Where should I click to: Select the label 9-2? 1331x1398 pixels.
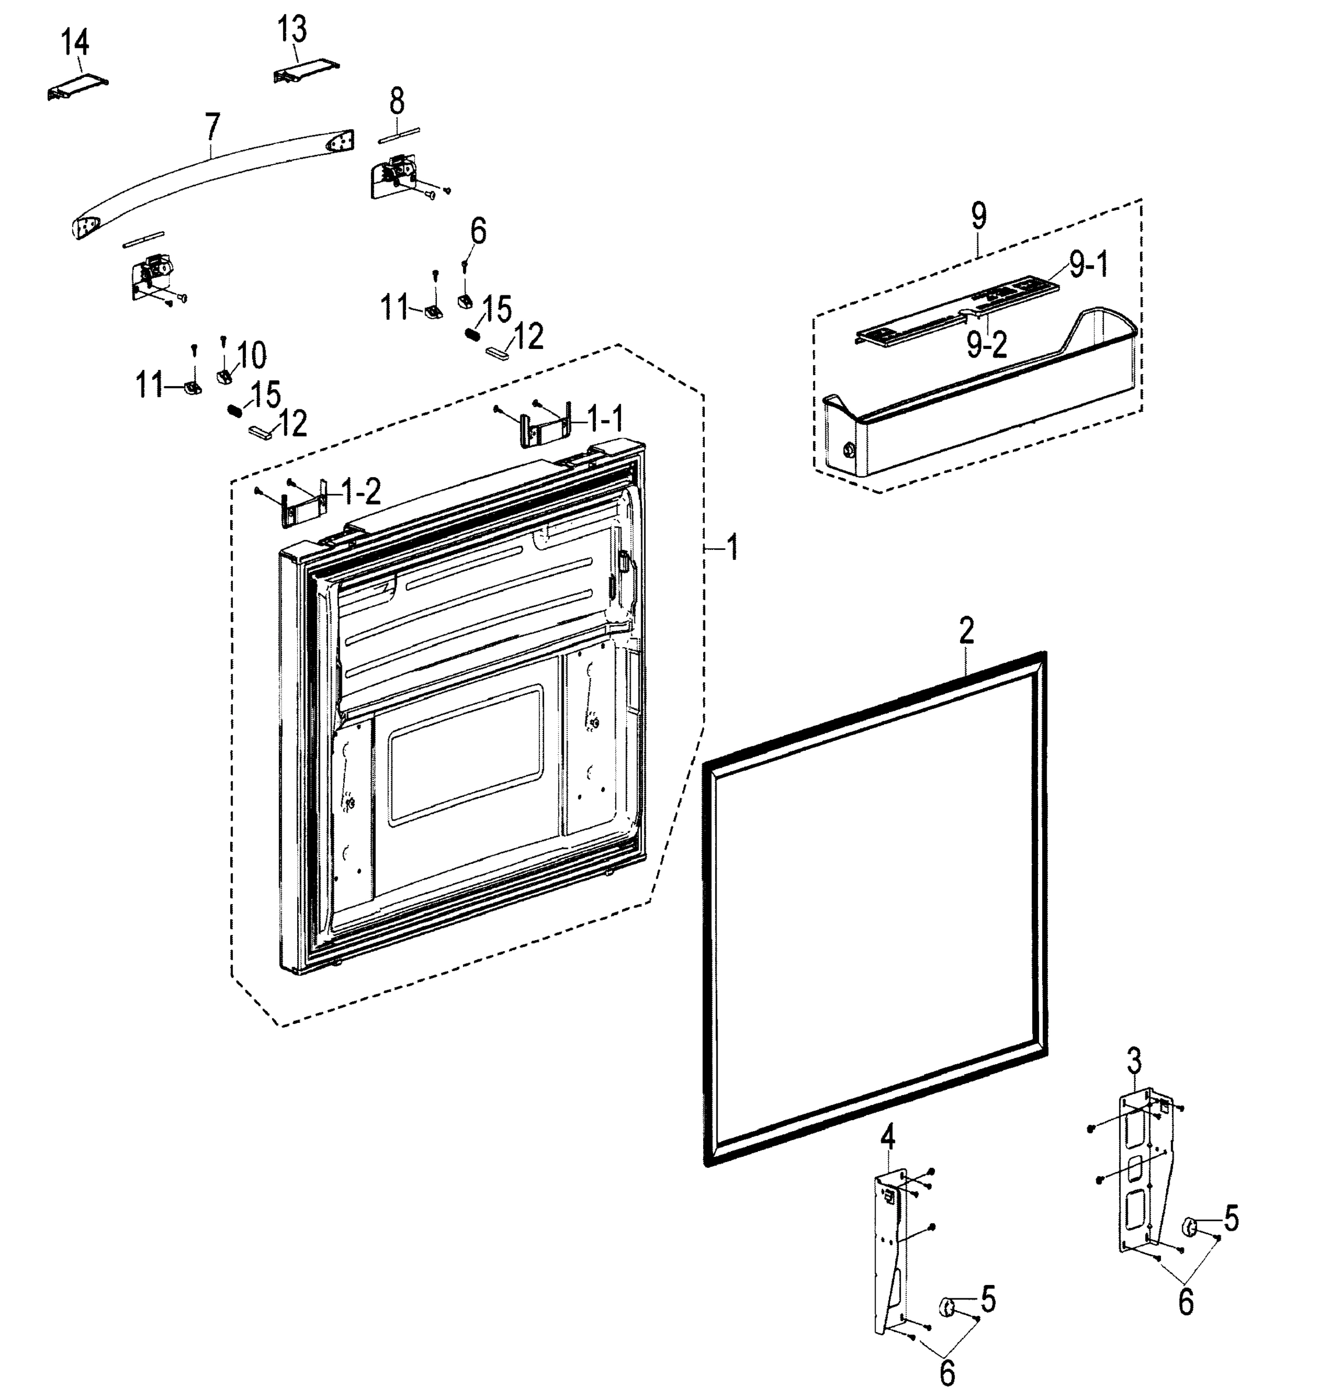(x=986, y=345)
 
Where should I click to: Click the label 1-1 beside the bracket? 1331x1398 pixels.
(x=605, y=420)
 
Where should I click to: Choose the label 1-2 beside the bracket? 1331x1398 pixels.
(x=361, y=491)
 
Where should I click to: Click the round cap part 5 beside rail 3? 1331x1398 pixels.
(x=1189, y=1226)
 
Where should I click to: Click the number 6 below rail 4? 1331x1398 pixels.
(x=947, y=1373)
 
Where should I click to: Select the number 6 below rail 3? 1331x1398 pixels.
(x=1185, y=1302)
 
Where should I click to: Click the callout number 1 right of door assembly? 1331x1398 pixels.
(x=732, y=548)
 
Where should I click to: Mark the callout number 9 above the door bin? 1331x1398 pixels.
(x=979, y=216)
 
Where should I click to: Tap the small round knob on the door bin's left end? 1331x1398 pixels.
(x=847, y=450)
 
